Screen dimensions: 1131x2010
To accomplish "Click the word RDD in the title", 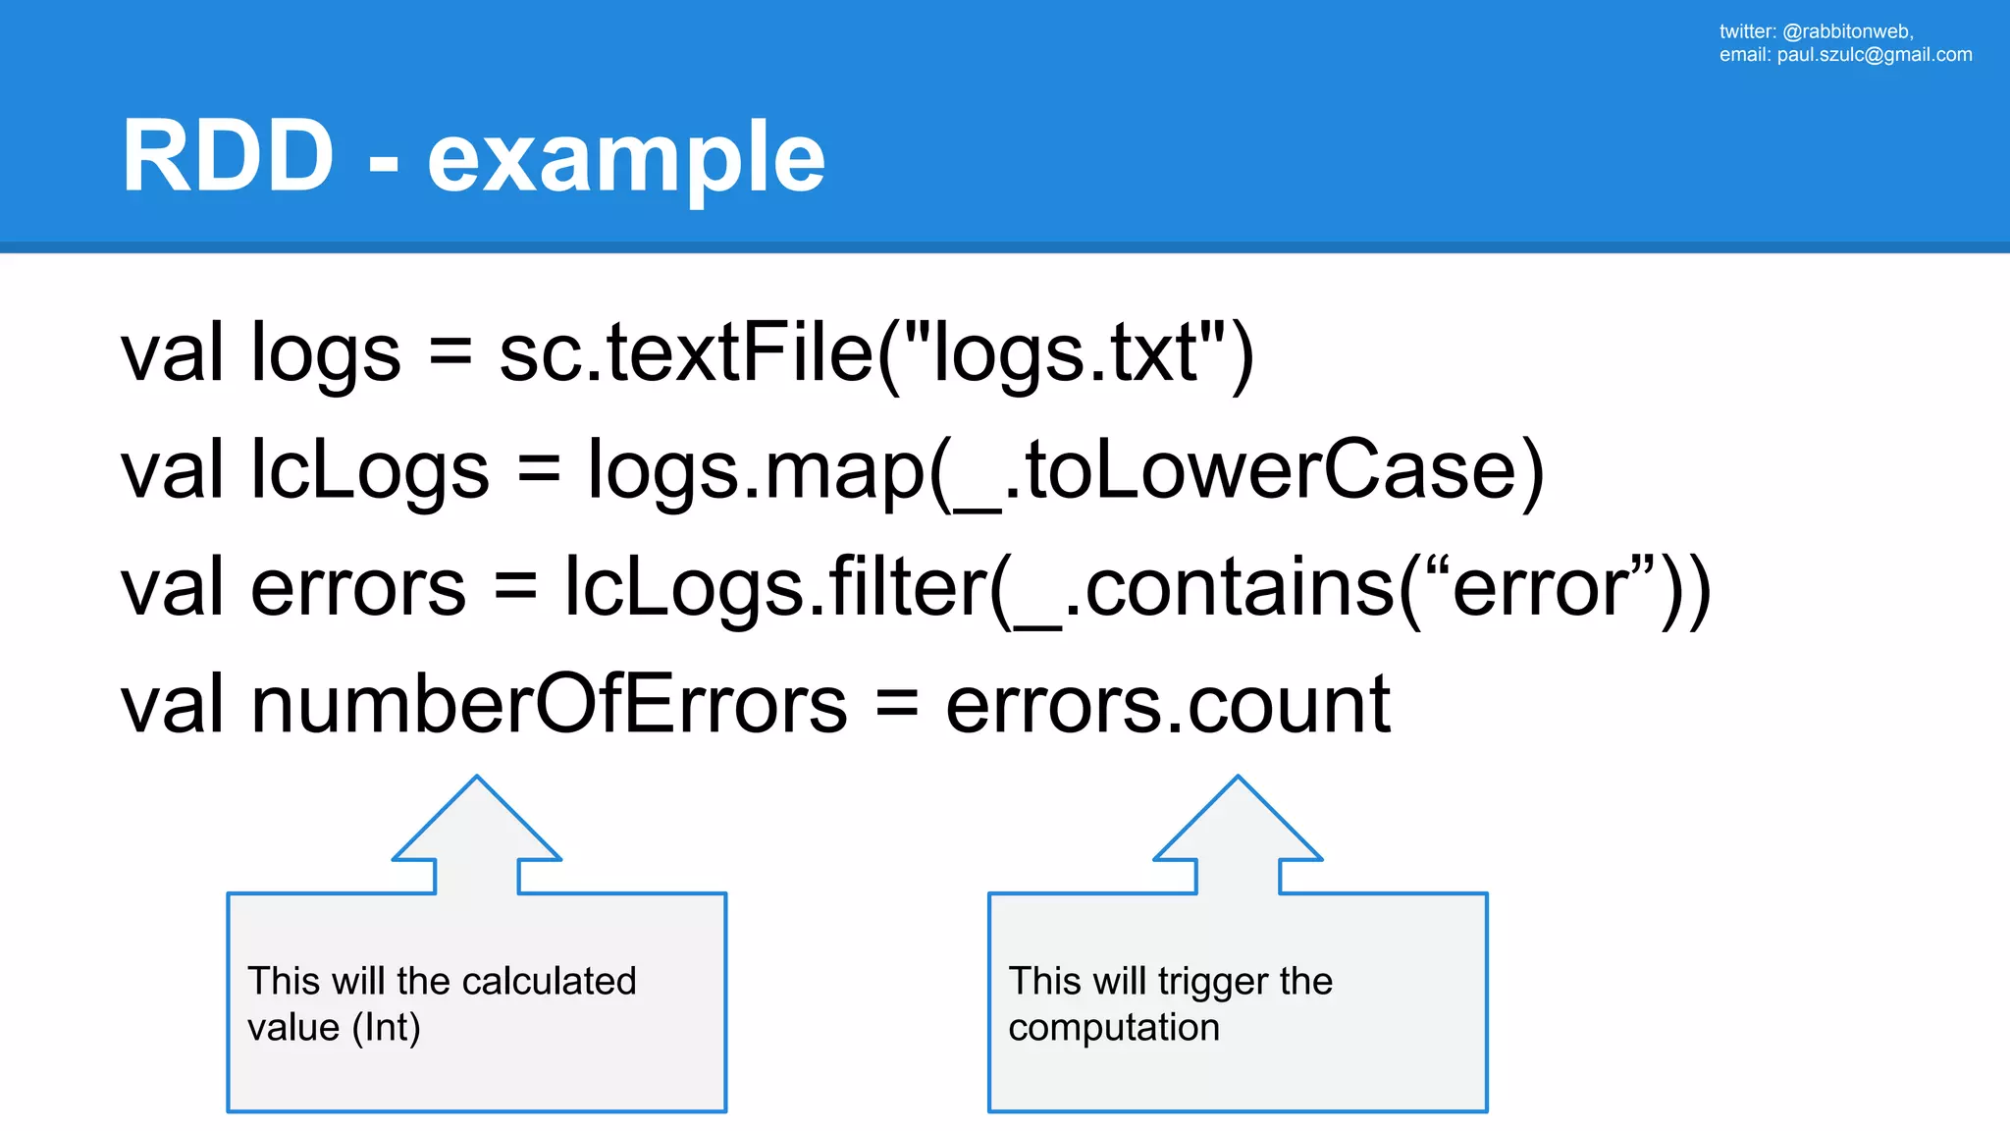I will [x=228, y=157].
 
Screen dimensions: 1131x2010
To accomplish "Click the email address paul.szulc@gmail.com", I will [x=1874, y=55].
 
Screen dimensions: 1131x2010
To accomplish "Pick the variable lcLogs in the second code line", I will [x=370, y=471].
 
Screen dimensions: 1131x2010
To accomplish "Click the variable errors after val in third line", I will [x=358, y=588].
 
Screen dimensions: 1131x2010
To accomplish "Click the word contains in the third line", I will [x=1241, y=588].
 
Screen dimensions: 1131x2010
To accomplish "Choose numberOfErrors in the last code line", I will [x=550, y=704].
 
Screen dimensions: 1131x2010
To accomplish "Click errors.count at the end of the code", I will [x=1167, y=704].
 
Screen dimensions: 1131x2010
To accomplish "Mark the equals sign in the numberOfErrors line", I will [x=896, y=704].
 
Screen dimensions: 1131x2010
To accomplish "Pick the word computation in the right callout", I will [x=1114, y=1028].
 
